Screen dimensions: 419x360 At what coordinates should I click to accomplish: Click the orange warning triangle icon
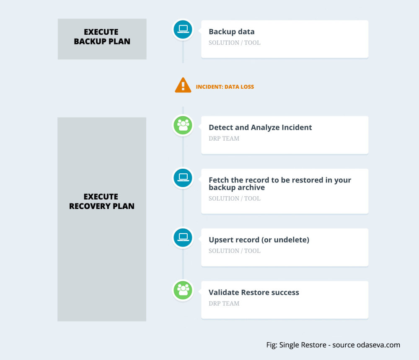pyautogui.click(x=183, y=85)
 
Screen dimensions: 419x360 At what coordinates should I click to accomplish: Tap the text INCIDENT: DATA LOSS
pyautogui.click(x=225, y=87)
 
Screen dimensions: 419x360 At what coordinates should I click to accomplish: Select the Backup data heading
pyautogui.click(x=231, y=31)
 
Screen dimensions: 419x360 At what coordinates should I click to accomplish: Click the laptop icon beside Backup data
pyautogui.click(x=183, y=29)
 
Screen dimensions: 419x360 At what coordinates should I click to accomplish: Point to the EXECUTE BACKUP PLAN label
pyautogui.click(x=102, y=36)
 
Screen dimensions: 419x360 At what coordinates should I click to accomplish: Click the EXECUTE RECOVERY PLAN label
pyautogui.click(x=102, y=201)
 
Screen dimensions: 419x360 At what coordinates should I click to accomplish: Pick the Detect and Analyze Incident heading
pyautogui.click(x=260, y=127)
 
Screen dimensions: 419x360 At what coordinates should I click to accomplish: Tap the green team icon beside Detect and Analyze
pyautogui.click(x=183, y=125)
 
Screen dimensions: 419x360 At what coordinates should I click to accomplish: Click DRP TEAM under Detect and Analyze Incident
pyautogui.click(x=224, y=138)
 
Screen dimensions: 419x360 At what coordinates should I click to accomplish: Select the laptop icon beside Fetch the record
pyautogui.click(x=183, y=177)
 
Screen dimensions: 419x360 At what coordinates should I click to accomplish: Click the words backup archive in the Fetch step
pyautogui.click(x=237, y=188)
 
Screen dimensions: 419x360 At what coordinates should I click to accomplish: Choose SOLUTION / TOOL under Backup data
pyautogui.click(x=234, y=42)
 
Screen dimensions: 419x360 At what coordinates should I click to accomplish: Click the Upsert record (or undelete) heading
pyautogui.click(x=259, y=239)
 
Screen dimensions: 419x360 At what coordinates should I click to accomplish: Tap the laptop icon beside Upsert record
pyautogui.click(x=183, y=237)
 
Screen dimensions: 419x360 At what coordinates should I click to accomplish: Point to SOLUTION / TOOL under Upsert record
pyautogui.click(x=234, y=251)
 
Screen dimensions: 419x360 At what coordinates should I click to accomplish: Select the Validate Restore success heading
pyautogui.click(x=254, y=292)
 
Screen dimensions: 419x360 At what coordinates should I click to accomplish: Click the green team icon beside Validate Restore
pyautogui.click(x=183, y=290)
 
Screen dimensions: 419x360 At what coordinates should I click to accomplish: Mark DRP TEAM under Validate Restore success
pyautogui.click(x=224, y=303)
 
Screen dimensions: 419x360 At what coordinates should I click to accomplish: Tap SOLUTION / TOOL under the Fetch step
pyautogui.click(x=234, y=198)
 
